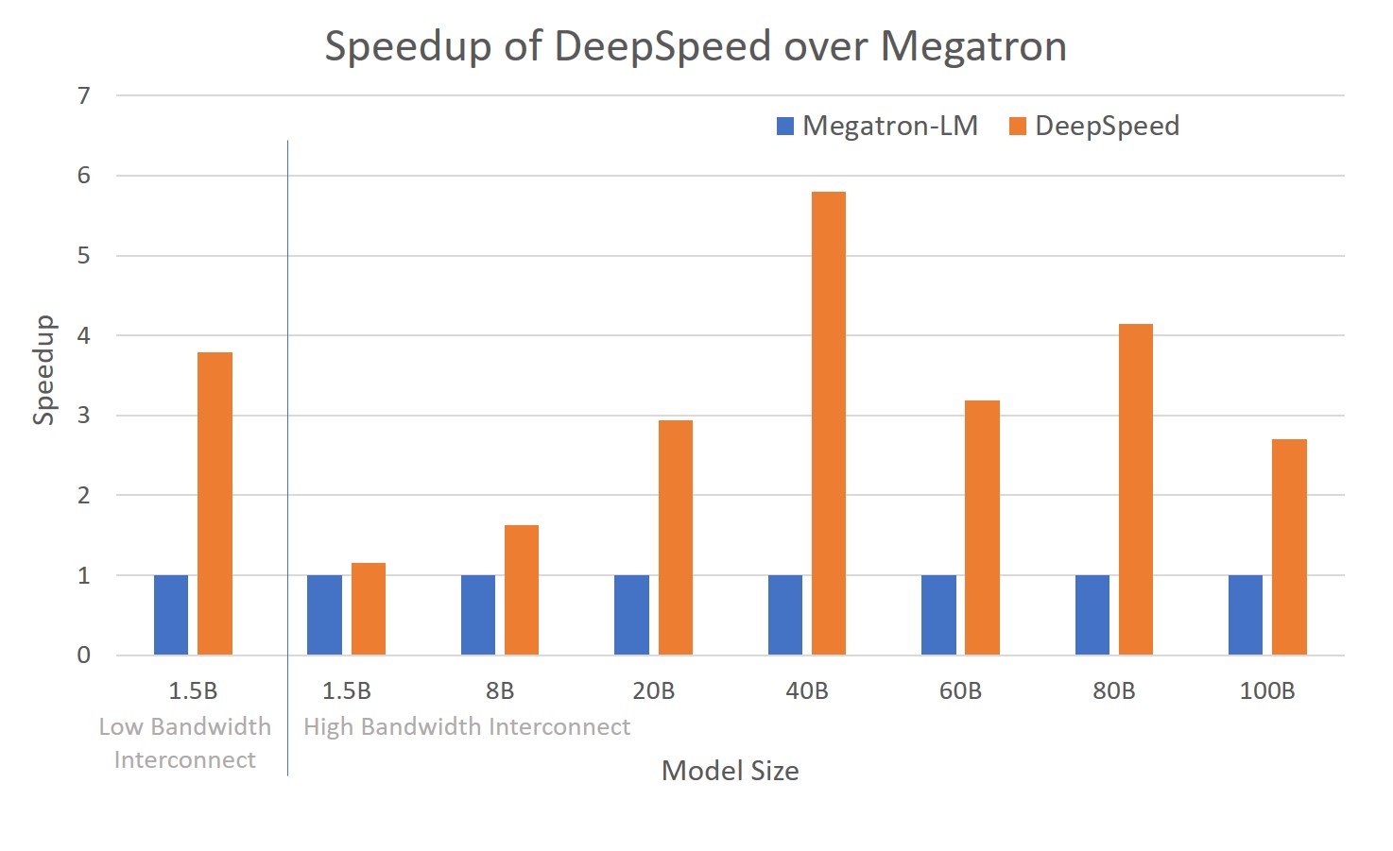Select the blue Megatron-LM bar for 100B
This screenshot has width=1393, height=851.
pos(1246,615)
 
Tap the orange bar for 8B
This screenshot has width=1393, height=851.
pos(522,590)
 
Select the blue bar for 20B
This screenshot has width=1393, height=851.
pos(631,615)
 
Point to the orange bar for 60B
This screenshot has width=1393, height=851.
pos(982,528)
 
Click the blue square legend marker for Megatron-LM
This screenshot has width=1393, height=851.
pos(785,127)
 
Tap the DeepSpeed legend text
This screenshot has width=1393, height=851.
pos(1107,126)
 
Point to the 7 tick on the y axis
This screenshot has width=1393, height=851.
pos(84,95)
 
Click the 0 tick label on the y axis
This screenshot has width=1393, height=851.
pos(84,655)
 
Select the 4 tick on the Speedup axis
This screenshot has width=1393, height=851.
pos(84,335)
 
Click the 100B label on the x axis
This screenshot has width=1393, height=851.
pos(1266,691)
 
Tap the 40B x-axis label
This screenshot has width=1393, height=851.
pos(806,691)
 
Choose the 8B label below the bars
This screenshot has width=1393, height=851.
pos(499,691)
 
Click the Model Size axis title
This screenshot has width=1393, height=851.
pos(730,771)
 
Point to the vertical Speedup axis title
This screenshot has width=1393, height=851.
pos(43,370)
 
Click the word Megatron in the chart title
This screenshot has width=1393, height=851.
pos(972,46)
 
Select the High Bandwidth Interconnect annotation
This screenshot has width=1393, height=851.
pos(466,726)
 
